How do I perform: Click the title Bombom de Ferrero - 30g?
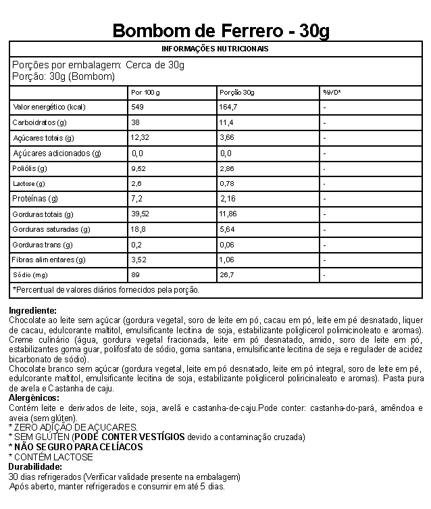(221, 31)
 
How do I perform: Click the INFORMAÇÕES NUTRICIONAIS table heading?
(215, 49)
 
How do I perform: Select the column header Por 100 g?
(145, 92)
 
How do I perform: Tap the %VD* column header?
(331, 92)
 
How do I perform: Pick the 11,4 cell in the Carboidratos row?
(227, 123)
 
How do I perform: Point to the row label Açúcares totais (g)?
(43, 138)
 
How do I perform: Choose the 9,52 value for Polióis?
(139, 168)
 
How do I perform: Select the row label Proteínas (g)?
(36, 199)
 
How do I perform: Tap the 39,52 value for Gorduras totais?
(141, 214)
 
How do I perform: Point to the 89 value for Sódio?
(135, 275)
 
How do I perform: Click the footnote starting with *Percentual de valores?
(106, 290)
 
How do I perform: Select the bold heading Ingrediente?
(33, 310)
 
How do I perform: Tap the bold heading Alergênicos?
(34, 399)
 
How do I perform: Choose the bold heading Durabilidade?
(34, 466)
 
